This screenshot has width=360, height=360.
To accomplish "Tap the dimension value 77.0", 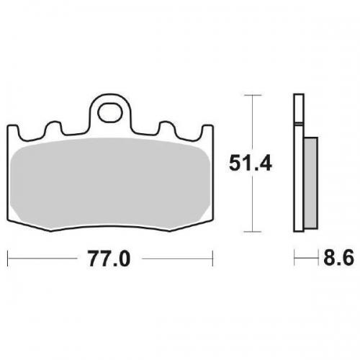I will point(109,258).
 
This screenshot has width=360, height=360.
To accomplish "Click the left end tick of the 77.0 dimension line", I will point(7,256).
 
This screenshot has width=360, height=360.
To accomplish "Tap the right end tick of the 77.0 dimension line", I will point(213,256).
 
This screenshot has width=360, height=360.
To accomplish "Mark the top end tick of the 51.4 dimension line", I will point(251,94).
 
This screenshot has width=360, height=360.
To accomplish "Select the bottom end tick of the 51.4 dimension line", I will point(251,232).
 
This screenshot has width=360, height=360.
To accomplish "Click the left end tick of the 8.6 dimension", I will point(294,256).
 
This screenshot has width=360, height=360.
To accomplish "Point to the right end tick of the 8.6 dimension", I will point(318,256).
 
